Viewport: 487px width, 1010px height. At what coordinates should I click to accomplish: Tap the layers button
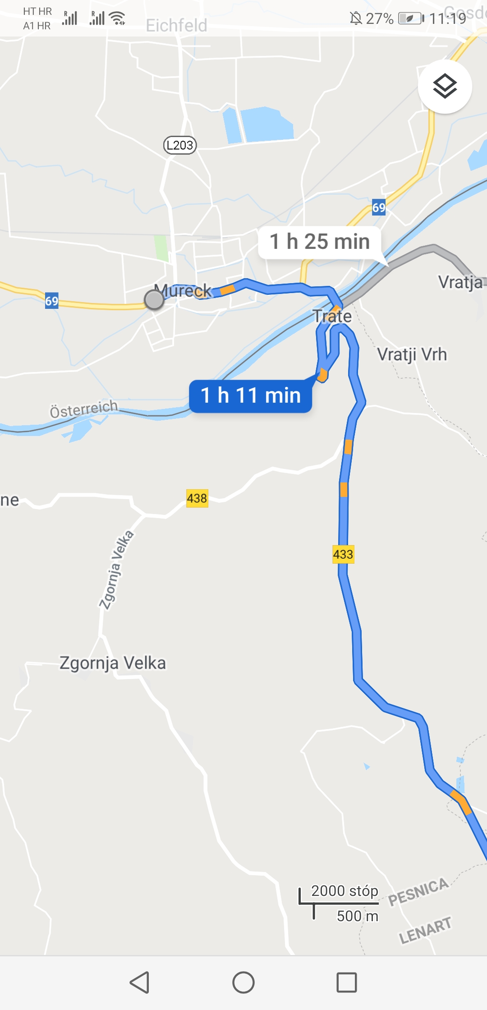445,86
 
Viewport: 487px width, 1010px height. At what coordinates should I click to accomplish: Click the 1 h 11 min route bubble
251,396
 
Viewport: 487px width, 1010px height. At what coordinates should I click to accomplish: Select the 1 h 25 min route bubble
319,242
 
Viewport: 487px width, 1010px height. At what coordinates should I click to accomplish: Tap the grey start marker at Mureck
154,299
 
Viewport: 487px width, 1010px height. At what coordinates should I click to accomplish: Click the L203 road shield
180,145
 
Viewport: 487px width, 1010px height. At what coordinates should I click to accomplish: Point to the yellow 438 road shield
197,498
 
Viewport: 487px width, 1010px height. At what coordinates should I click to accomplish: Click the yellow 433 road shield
343,554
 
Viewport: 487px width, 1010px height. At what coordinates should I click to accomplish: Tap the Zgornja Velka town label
113,663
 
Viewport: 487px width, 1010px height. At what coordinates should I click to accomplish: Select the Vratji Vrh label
412,354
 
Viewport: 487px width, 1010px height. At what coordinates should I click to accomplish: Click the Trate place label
332,316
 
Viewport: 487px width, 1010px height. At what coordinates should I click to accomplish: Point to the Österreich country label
83,409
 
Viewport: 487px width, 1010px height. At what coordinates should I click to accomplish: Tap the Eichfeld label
176,26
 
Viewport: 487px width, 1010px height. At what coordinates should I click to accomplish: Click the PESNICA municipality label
418,892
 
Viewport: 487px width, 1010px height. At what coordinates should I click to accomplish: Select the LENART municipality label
425,931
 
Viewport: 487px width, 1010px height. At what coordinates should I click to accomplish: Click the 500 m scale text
357,916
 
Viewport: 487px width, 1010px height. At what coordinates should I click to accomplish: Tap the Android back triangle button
140,982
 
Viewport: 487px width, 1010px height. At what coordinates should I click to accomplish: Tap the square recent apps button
347,982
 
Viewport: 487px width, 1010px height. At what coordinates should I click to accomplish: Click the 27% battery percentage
379,18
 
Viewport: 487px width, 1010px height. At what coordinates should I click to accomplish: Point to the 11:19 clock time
447,18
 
